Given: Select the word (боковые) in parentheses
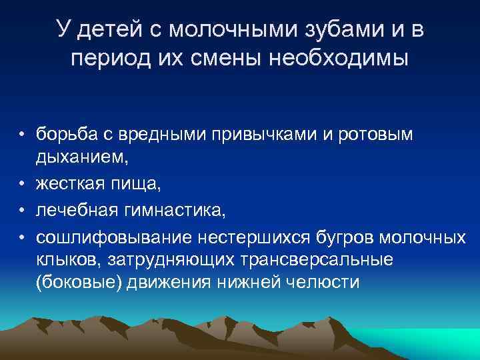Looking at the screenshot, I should tap(71, 282).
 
